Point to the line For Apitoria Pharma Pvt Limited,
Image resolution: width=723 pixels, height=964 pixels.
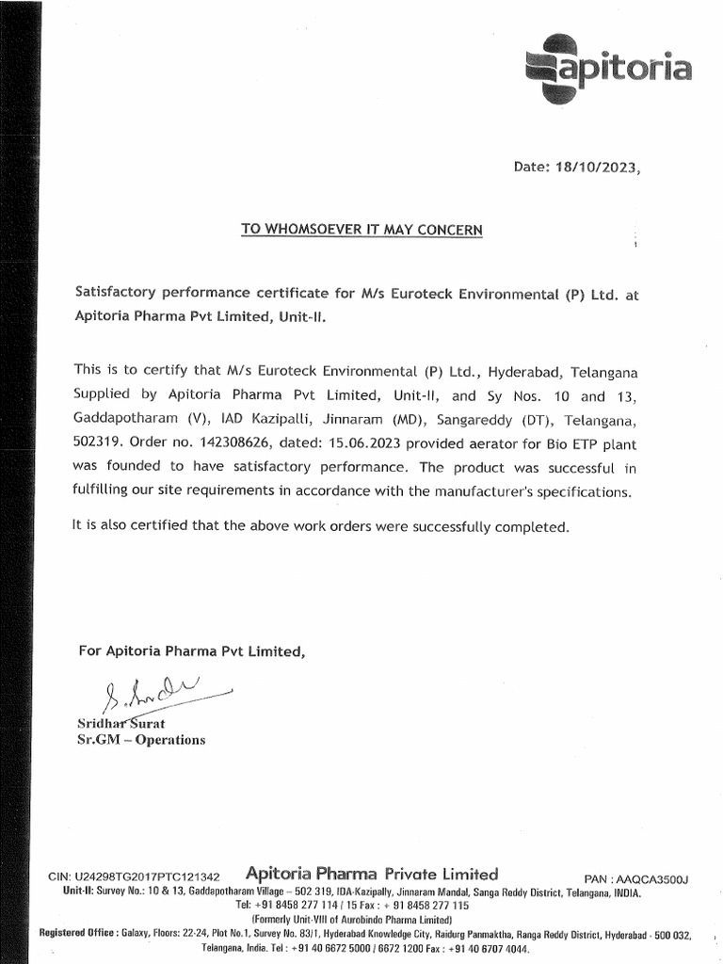click(x=191, y=651)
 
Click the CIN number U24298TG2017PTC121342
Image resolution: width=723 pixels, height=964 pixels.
click(x=135, y=876)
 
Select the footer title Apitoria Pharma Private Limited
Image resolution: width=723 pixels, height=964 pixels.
click(x=371, y=874)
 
